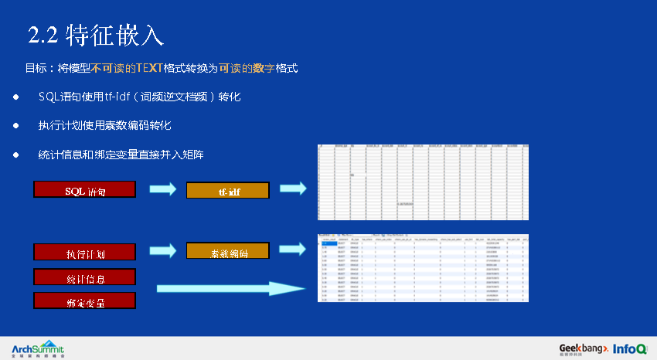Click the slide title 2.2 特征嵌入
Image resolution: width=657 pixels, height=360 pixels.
tap(95, 35)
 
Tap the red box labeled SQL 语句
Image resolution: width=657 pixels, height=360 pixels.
tap(85, 189)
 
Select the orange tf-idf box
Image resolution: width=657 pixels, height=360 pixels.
tap(227, 190)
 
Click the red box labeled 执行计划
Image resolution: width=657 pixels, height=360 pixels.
tap(85, 252)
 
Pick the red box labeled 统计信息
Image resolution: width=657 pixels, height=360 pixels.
tap(85, 277)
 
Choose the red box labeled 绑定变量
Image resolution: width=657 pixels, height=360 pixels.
tap(85, 301)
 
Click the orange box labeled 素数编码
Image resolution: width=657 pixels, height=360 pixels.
tap(227, 251)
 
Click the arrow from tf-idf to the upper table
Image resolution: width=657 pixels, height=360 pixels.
tap(293, 188)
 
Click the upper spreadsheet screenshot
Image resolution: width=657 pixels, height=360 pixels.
tap(423, 182)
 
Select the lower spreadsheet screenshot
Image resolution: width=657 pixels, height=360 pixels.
tap(423, 272)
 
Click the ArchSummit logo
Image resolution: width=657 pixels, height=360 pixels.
tap(38, 348)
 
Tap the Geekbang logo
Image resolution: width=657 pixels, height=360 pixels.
tap(584, 348)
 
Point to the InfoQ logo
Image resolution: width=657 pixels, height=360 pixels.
tap(630, 348)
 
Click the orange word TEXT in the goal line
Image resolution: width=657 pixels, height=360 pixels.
tap(150, 69)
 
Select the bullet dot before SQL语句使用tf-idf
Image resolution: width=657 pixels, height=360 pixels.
tap(15, 97)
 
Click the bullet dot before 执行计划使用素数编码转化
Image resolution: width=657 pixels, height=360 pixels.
tap(15, 125)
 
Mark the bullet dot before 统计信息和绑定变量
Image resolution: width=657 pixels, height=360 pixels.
tap(15, 155)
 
